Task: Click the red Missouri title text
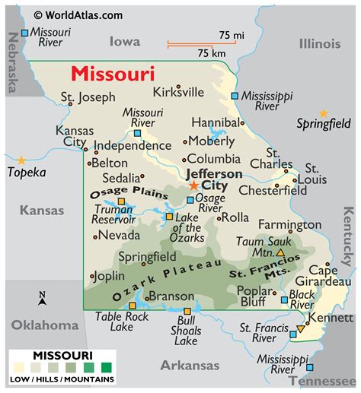click(113, 74)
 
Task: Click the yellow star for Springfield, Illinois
click(324, 113)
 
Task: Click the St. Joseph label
click(88, 97)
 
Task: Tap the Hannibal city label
click(215, 122)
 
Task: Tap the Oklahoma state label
click(44, 325)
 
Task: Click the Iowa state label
click(126, 42)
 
